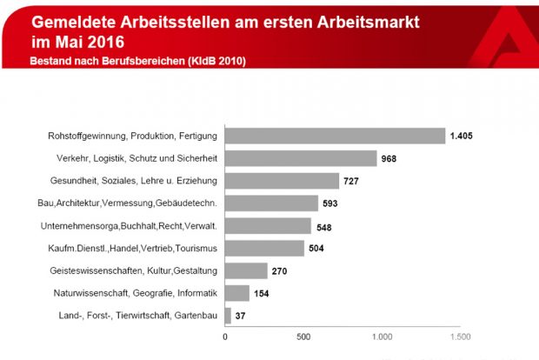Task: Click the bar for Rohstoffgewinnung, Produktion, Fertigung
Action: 335,136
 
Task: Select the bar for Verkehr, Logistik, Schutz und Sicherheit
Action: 301,158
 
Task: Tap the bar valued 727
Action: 282,181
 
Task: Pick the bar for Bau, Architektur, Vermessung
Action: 271,203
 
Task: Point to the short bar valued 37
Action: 228,315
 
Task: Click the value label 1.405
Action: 462,136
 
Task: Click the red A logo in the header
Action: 508,31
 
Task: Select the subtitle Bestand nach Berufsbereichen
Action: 137,61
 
